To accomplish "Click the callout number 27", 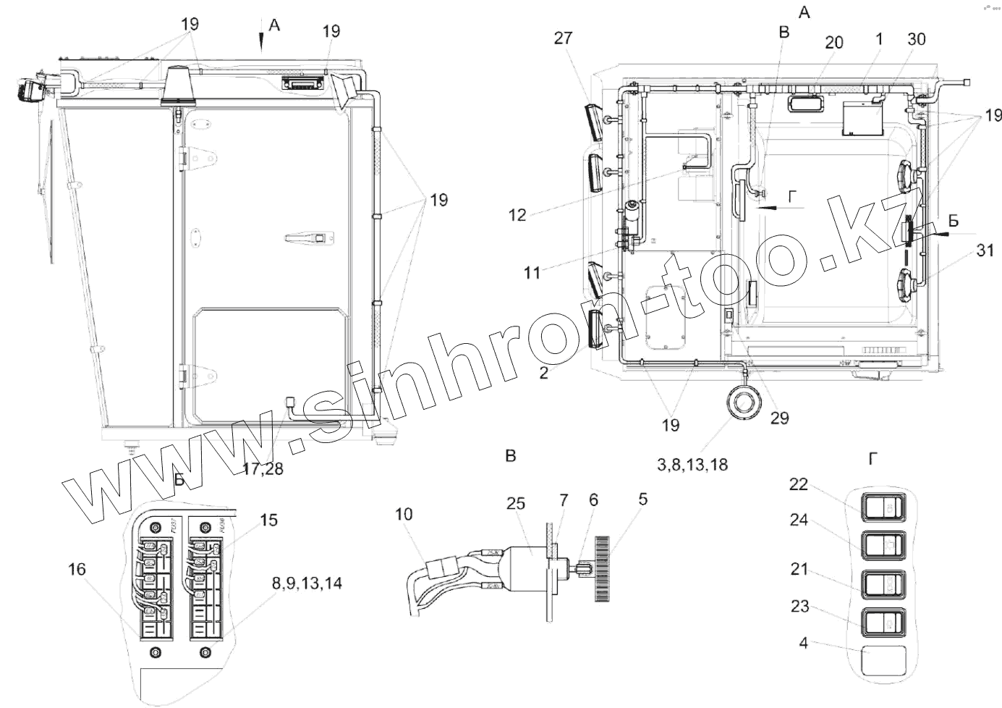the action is (563, 38).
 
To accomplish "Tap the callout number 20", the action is (833, 43).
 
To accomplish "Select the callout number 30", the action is (916, 39).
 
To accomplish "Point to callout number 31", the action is (984, 250).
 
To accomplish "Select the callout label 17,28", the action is (263, 468).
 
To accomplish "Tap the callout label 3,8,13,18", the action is (692, 465).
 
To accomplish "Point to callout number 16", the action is (76, 570).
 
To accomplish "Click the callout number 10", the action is (404, 514).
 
